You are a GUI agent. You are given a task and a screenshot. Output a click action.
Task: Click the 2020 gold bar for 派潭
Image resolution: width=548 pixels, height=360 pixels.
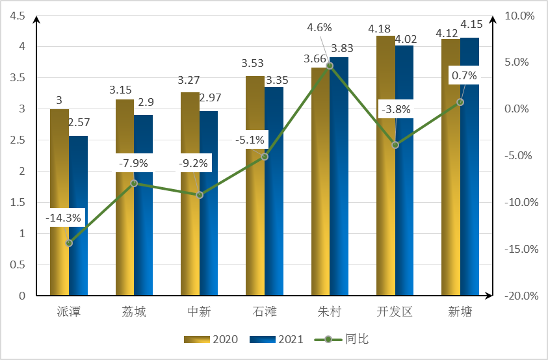tap(59, 202)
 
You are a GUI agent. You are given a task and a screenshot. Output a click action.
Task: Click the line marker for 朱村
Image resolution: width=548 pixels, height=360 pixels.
tap(330, 66)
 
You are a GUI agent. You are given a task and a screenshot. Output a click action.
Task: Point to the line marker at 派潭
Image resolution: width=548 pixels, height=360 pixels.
tap(69, 243)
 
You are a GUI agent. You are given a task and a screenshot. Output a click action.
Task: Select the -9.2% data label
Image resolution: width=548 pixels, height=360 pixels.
tap(194, 164)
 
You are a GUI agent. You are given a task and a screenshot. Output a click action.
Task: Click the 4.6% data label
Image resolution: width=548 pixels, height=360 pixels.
tap(319, 27)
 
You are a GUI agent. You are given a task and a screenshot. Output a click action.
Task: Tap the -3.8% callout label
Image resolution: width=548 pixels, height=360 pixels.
tap(396, 110)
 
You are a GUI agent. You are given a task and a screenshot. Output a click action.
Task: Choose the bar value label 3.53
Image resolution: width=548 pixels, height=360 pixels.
tap(254, 64)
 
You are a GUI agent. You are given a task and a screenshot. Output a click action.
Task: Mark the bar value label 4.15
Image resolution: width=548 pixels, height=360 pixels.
tap(471, 25)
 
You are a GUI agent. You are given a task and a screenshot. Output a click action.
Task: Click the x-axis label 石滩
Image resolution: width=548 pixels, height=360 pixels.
tap(264, 312)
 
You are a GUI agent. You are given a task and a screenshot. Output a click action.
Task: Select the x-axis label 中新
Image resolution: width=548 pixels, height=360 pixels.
tap(199, 312)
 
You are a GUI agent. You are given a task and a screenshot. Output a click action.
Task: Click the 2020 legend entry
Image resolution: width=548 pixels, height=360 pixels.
tap(211, 339)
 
